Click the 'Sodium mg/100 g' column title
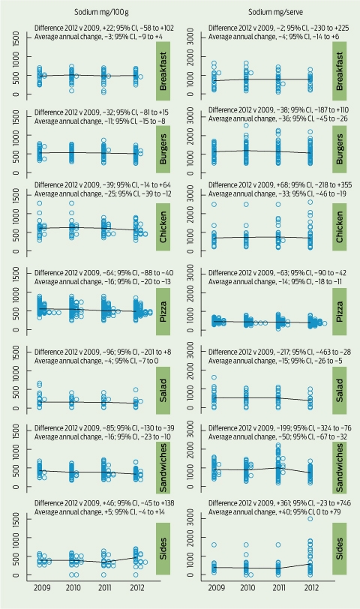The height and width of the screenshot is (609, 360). pyautogui.click(x=101, y=12)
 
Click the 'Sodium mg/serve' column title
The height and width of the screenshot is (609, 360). pyautogui.click(x=276, y=12)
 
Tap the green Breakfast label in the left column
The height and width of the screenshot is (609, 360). pyautogui.click(x=163, y=71)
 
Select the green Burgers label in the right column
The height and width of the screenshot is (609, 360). pyautogui.click(x=340, y=149)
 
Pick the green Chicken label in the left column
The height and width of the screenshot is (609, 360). pyautogui.click(x=163, y=227)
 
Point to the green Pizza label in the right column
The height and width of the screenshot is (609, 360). pyautogui.click(x=340, y=311)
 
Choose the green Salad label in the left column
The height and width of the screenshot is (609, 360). pyautogui.click(x=163, y=389)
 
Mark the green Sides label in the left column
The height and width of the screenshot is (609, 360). pyautogui.click(x=163, y=548)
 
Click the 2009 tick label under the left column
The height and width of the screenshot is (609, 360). pyautogui.click(x=42, y=588)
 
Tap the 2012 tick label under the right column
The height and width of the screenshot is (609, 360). pyautogui.click(x=311, y=588)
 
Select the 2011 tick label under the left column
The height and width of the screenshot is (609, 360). pyautogui.click(x=105, y=588)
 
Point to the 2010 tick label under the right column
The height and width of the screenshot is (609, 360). pyautogui.click(x=247, y=588)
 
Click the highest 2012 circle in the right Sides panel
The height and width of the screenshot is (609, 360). pyautogui.click(x=310, y=519)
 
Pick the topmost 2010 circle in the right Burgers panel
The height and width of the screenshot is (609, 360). pyautogui.click(x=246, y=125)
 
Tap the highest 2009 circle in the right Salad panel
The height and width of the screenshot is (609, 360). pyautogui.click(x=214, y=377)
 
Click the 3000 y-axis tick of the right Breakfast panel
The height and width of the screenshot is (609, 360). pyautogui.click(x=193, y=37)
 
